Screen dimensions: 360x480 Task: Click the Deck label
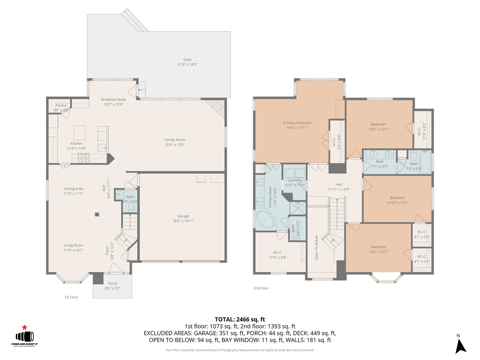click(187, 60)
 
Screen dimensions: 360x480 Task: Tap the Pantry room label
click(61, 106)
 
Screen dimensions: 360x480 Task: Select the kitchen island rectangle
click(79, 132)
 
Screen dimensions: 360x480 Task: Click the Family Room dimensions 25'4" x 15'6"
click(175, 145)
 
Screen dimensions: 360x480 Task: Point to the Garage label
click(183, 216)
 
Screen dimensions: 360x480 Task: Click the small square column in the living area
click(97, 214)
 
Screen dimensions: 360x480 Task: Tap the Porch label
click(112, 283)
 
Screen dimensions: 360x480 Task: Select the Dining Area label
click(73, 189)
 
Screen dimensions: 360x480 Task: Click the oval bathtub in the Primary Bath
click(265, 219)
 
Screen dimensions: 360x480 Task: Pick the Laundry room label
click(295, 180)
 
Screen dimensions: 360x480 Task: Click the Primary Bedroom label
click(297, 123)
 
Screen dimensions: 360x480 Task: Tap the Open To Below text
click(316, 248)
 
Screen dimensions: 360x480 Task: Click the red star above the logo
click(25, 327)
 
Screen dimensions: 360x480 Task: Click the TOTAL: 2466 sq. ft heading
click(240, 319)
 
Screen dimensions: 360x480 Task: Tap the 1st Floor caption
click(71, 297)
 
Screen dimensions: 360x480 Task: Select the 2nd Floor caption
click(261, 288)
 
